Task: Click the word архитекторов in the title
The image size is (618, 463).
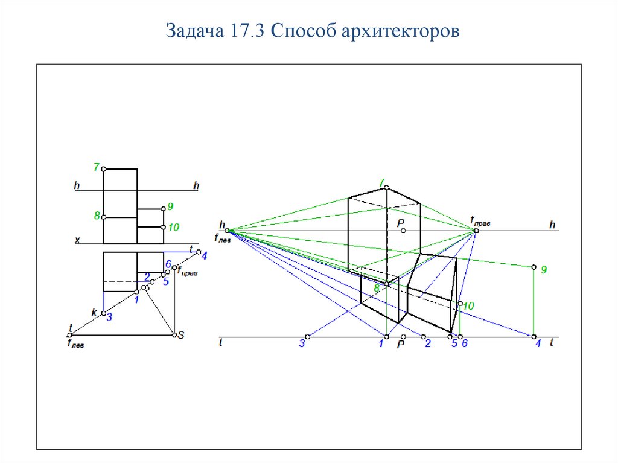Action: pyautogui.click(x=401, y=31)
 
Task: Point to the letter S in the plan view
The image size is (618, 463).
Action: pyautogui.click(x=181, y=335)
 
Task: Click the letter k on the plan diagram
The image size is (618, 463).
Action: pyautogui.click(x=94, y=312)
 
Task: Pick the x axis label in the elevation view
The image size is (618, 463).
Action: pyautogui.click(x=77, y=240)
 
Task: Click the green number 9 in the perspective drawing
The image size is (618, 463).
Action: pyautogui.click(x=544, y=270)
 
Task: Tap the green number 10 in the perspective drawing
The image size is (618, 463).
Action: pyautogui.click(x=468, y=305)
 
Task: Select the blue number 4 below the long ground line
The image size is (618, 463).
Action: pyautogui.click(x=538, y=343)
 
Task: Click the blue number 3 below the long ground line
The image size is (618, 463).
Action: pyautogui.click(x=302, y=343)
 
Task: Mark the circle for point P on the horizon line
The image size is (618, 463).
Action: pyautogui.click(x=403, y=231)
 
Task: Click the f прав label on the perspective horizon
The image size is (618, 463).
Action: pyautogui.click(x=480, y=222)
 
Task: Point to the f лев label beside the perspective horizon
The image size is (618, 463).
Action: pyautogui.click(x=223, y=238)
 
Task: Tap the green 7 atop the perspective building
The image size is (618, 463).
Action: pyautogui.click(x=381, y=183)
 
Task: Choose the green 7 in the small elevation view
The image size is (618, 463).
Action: pyautogui.click(x=96, y=167)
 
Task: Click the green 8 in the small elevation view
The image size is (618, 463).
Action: pyautogui.click(x=97, y=216)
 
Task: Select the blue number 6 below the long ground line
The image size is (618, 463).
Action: pyautogui.click(x=465, y=343)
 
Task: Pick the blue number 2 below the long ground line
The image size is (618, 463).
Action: pyautogui.click(x=428, y=343)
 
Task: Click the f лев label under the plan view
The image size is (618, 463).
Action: pyautogui.click(x=75, y=343)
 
